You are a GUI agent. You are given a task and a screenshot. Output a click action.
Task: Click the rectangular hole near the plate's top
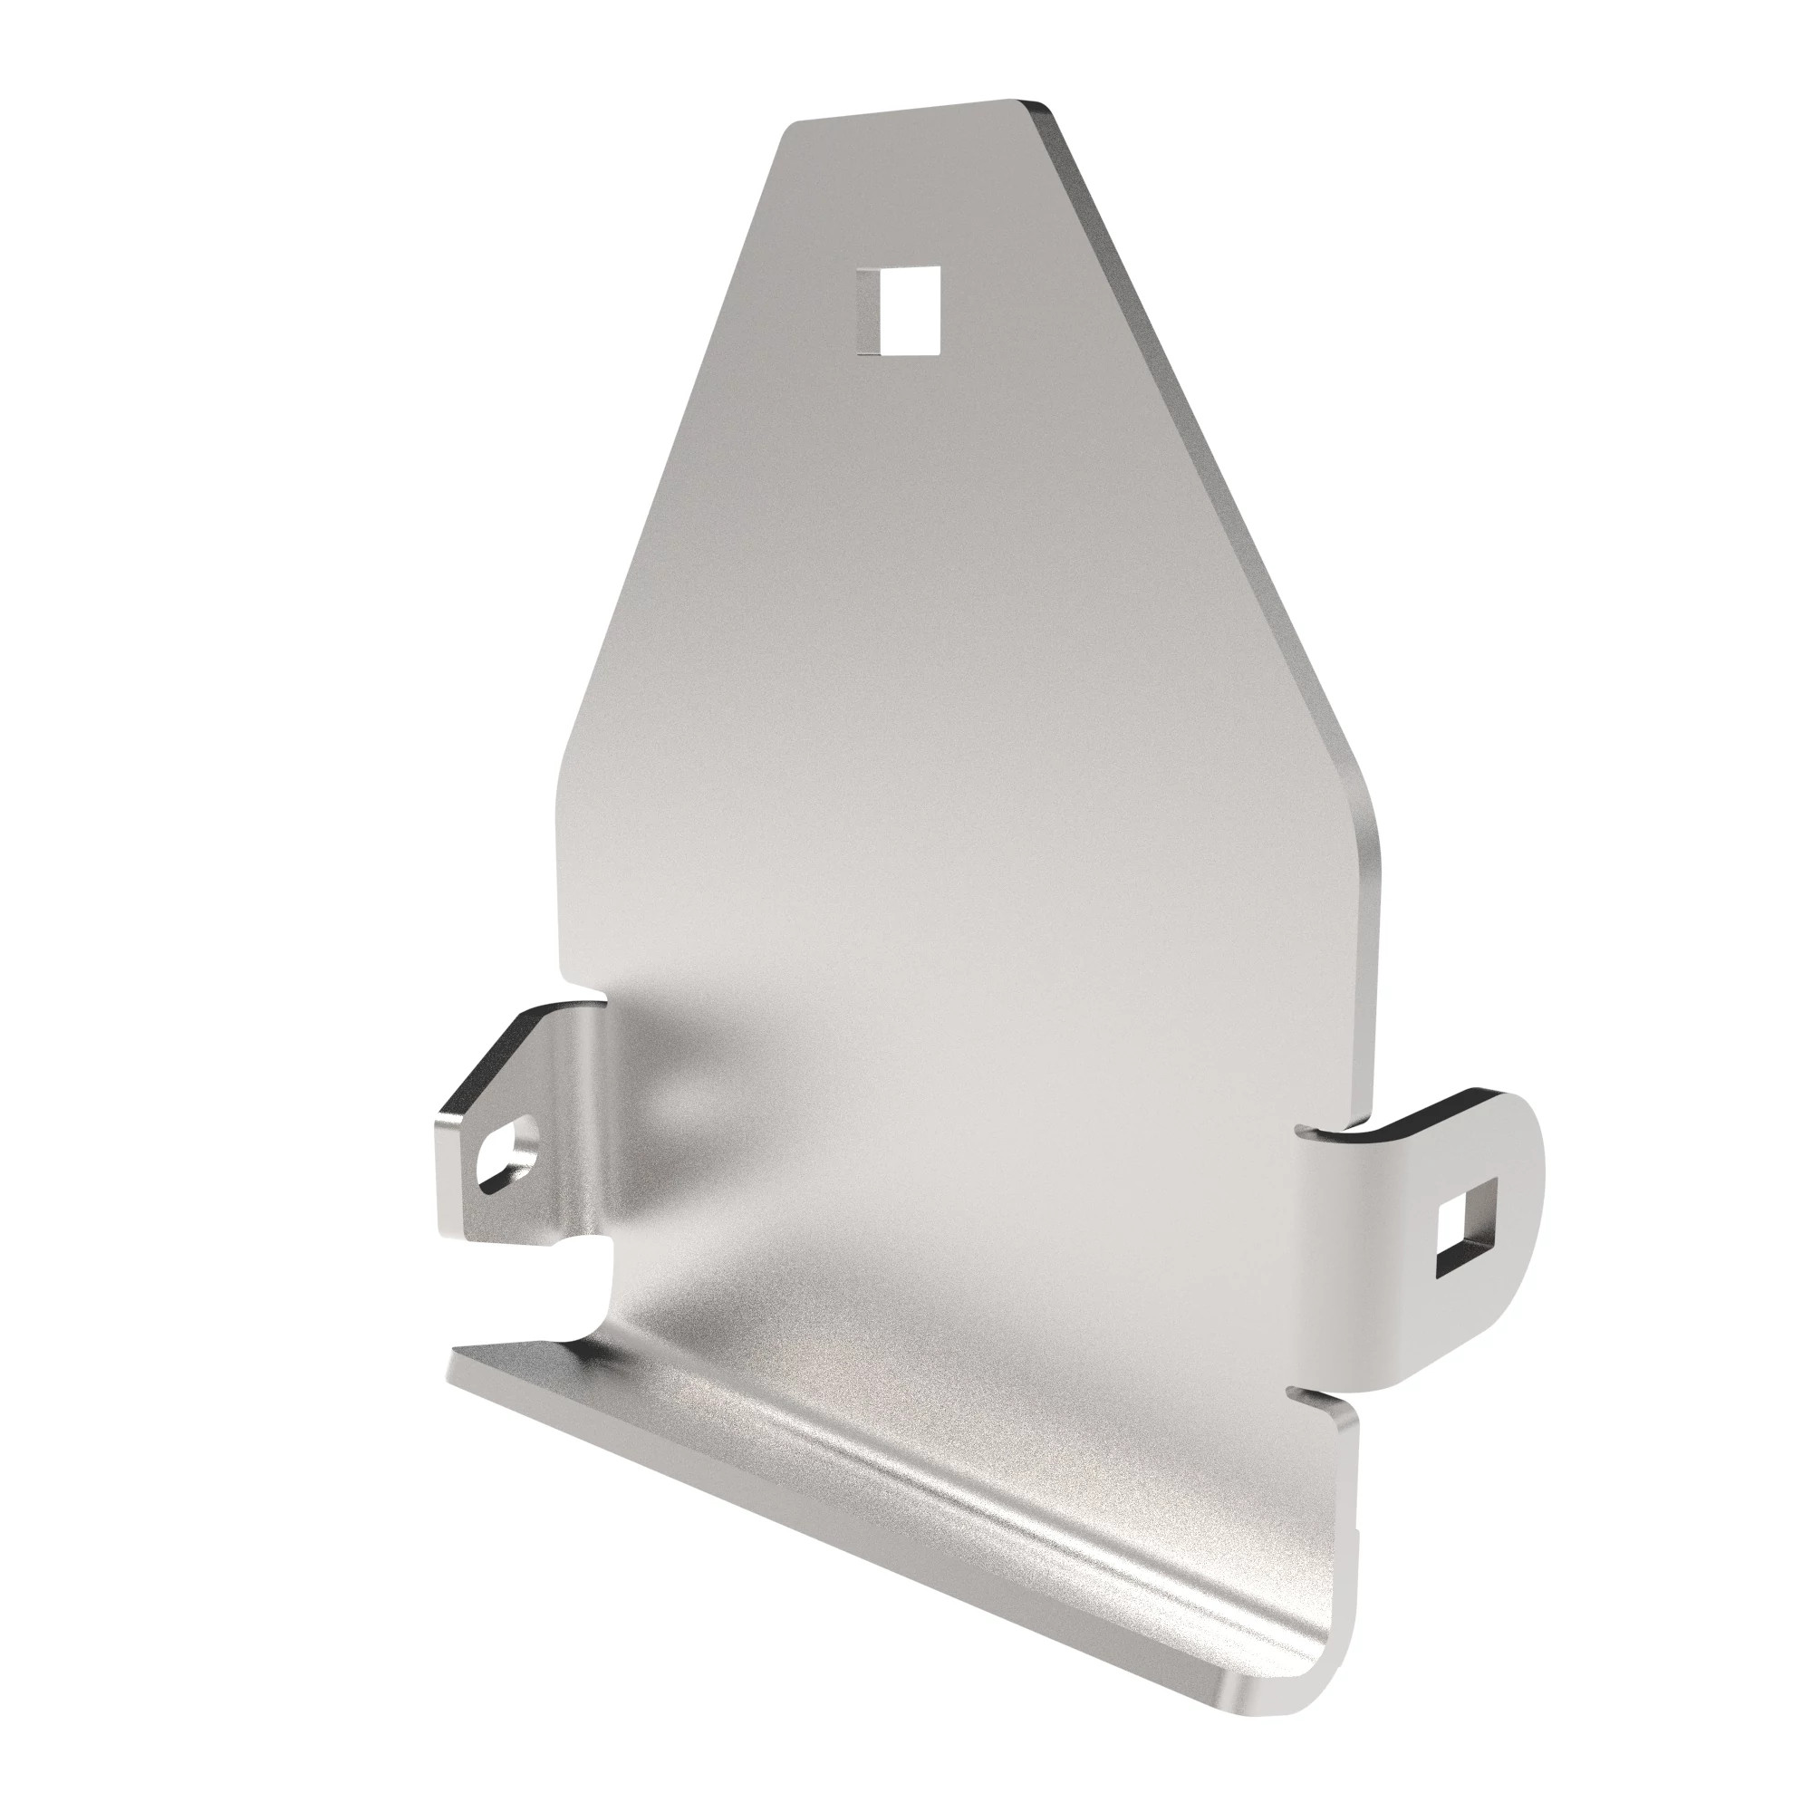point(901,311)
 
